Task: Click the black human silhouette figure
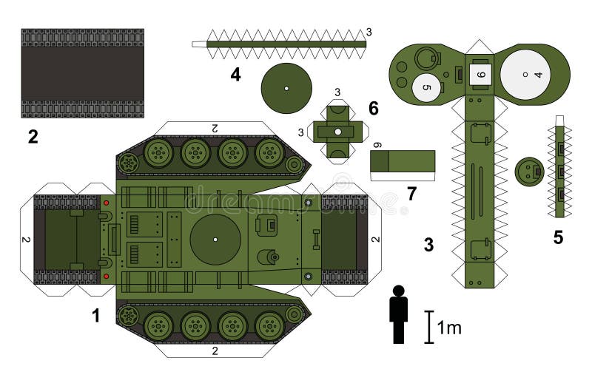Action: (399, 316)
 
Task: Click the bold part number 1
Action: (95, 316)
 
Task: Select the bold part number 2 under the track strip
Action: (33, 136)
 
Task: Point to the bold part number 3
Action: (428, 245)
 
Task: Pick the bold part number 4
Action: (235, 74)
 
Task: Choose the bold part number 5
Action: (559, 237)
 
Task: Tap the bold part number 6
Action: (373, 109)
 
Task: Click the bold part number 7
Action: (411, 194)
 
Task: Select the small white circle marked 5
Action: (425, 87)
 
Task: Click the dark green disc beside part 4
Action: (286, 88)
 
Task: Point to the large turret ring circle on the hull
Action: (215, 240)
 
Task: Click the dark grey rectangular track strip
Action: (82, 73)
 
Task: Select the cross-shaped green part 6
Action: (337, 132)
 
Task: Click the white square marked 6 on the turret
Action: (480, 74)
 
